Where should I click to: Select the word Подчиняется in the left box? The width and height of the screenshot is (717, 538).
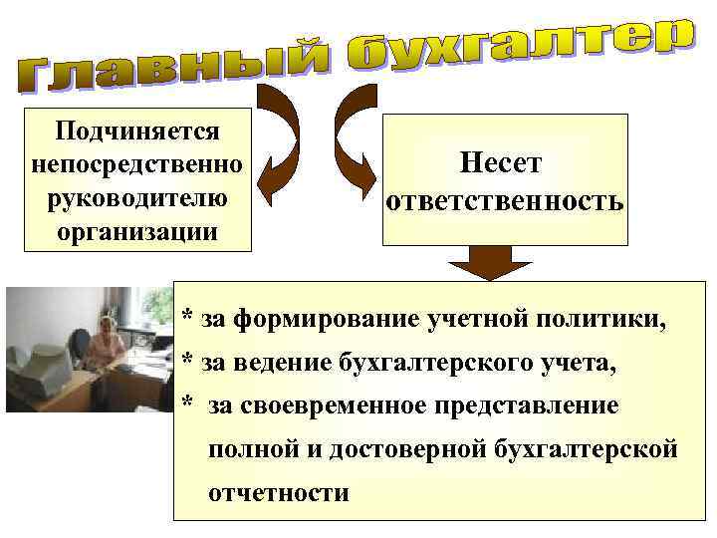pos(138,130)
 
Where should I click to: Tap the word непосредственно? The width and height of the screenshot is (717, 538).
pos(138,163)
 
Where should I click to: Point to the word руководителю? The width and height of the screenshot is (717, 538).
pos(138,197)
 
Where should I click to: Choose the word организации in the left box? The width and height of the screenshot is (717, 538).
pos(138,232)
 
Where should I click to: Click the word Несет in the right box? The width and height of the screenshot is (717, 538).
pos(502,162)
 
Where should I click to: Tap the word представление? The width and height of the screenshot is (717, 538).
pos(538,406)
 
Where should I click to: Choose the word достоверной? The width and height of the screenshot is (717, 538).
pos(414,450)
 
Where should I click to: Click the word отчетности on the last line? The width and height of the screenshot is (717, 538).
pos(279,493)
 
